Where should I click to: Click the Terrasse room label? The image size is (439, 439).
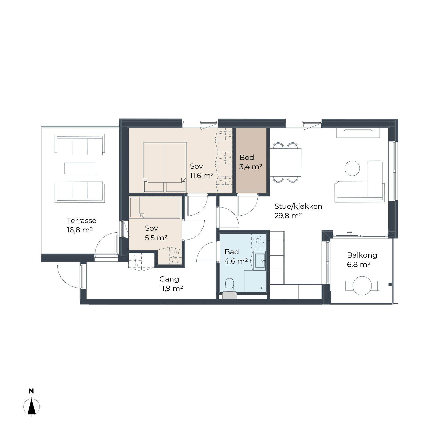[x=81, y=221]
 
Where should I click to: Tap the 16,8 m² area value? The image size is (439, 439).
[x=80, y=230]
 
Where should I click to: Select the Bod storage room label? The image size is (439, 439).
[x=247, y=157]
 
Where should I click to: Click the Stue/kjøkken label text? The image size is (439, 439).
[x=298, y=207]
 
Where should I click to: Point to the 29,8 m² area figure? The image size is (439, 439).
[x=288, y=216]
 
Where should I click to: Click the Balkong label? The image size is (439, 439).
[x=362, y=255]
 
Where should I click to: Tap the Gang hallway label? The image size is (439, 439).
[x=169, y=279]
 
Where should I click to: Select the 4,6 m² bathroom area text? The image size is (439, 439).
[x=236, y=261]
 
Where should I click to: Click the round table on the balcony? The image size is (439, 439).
[x=362, y=286]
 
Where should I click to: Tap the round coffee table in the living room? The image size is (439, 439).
[x=352, y=168]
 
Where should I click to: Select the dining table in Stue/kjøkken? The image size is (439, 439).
[x=285, y=162]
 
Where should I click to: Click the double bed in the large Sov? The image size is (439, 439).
[x=165, y=167]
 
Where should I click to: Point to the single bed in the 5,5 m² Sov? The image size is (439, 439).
[x=155, y=208]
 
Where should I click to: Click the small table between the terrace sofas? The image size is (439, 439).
[x=80, y=168]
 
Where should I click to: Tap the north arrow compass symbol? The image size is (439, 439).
[x=32, y=407]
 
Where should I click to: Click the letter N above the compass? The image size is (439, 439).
[x=31, y=391]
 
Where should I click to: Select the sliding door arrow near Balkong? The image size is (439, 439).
[x=350, y=233]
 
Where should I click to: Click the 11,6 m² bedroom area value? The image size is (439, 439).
[x=202, y=176]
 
